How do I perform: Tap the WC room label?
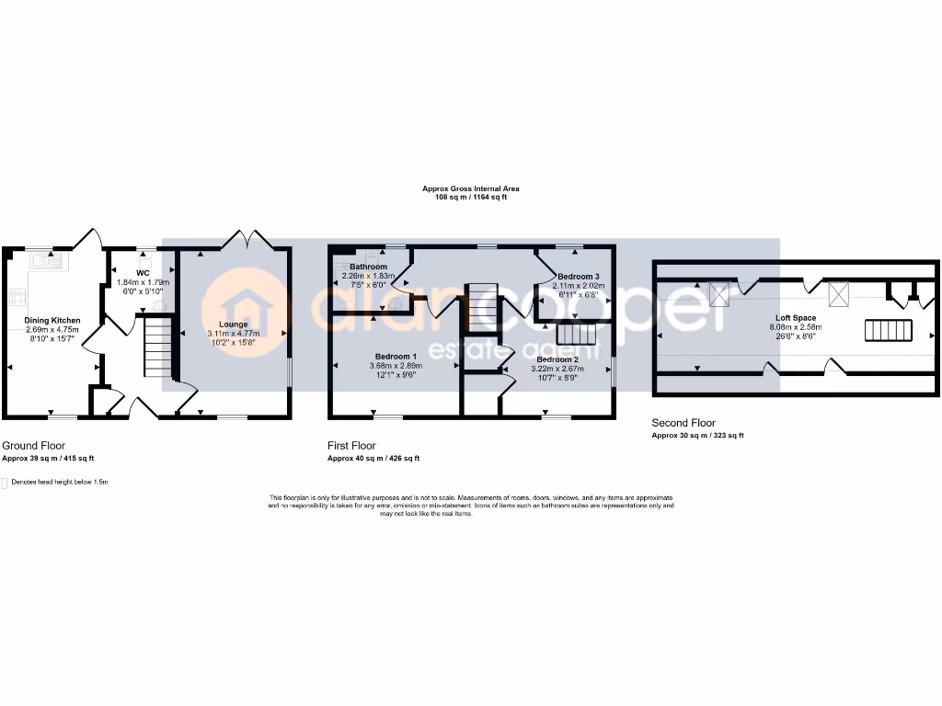(143, 273)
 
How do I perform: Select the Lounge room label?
(234, 324)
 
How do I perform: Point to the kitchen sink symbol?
(45, 261)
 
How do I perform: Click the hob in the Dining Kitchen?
(17, 297)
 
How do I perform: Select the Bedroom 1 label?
(396, 356)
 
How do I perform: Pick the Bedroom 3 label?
(578, 277)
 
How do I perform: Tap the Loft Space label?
(795, 317)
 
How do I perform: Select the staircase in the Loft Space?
(888, 330)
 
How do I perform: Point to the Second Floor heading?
(684, 424)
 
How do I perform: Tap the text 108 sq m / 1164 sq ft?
(471, 198)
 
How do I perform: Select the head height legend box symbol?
(5, 483)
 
